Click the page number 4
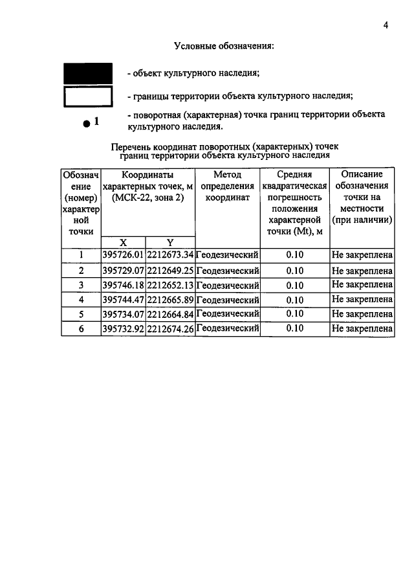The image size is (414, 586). point(385,25)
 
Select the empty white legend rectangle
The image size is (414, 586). point(87,96)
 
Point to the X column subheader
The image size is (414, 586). point(123,242)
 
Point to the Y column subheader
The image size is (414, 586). point(170,242)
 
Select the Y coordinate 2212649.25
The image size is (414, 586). point(170,270)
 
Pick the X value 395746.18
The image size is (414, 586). point(123,285)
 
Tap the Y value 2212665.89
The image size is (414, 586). point(170,300)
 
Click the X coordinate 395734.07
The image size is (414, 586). point(123,314)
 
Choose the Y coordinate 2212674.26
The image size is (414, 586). point(170,329)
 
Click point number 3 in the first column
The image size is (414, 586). point(82,285)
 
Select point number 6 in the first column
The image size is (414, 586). point(82,329)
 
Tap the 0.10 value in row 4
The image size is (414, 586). point(294,300)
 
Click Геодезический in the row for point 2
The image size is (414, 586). point(227,270)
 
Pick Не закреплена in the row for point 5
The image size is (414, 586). point(362,314)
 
